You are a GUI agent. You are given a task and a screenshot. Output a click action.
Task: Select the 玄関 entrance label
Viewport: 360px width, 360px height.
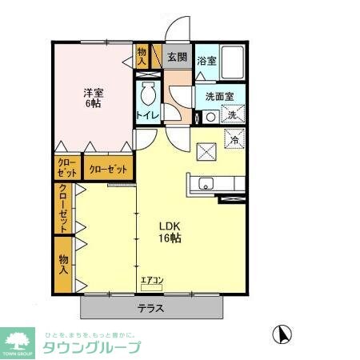pos(177,58)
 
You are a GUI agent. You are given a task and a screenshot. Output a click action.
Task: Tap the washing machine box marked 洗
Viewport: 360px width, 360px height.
pos(231,115)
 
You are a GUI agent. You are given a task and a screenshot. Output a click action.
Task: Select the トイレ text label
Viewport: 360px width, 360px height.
pos(148,115)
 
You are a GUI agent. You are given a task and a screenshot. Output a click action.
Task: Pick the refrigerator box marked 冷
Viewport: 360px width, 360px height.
pos(234,139)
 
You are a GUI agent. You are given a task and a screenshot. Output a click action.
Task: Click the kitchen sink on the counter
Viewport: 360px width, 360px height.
pos(205,182)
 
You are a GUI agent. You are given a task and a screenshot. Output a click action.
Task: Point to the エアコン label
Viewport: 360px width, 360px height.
pos(151,280)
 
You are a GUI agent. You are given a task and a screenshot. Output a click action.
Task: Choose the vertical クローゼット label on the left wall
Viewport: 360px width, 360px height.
pos(63,208)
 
